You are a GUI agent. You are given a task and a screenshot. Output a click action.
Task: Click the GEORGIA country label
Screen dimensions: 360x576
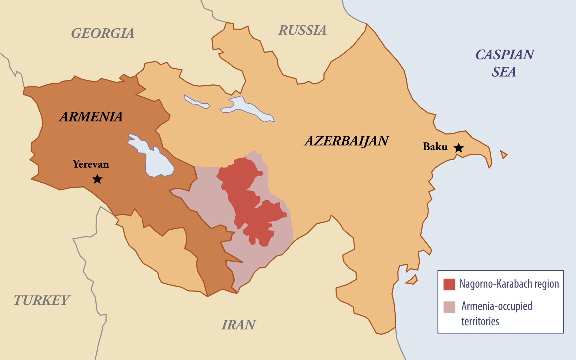(103, 33)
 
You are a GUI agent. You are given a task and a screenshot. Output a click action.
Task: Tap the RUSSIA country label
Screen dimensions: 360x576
(302, 30)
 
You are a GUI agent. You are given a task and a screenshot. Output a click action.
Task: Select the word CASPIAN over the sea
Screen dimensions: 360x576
(505, 55)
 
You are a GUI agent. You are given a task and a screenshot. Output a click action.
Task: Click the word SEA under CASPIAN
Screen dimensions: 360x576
(504, 72)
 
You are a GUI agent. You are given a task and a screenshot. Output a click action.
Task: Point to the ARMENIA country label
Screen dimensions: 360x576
(91, 117)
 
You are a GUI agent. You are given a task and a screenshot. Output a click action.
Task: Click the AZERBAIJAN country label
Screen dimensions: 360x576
(346, 141)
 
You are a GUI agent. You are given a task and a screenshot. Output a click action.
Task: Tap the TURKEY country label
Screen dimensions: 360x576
(41, 300)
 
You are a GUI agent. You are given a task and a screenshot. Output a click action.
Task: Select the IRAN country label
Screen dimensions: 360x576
(238, 325)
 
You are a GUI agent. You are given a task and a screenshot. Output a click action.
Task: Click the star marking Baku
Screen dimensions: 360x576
(458, 148)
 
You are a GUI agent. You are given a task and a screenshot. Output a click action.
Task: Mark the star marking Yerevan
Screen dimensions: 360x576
(97, 179)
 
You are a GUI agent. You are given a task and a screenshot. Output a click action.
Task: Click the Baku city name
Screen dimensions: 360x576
(435, 147)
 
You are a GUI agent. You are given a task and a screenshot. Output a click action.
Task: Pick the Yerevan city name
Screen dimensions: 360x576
(91, 164)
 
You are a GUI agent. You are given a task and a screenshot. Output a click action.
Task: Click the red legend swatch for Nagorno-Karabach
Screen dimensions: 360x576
(449, 284)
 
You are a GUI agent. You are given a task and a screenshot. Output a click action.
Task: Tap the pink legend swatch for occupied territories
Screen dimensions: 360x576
(449, 307)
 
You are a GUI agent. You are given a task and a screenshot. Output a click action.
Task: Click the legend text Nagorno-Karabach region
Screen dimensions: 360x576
(509, 284)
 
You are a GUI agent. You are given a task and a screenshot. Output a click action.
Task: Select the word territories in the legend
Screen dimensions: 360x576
(480, 321)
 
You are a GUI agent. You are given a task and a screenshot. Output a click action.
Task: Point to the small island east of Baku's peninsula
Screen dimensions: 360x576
(503, 154)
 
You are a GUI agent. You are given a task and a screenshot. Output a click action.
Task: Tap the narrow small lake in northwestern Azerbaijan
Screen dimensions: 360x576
(197, 102)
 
